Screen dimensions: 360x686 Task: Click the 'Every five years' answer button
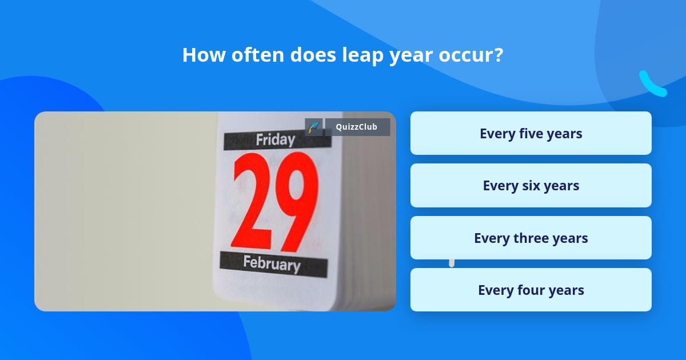click(x=531, y=133)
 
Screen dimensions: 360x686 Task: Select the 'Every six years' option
click(x=531, y=186)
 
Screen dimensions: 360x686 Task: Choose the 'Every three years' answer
click(x=531, y=238)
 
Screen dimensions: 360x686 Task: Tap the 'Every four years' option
click(x=531, y=290)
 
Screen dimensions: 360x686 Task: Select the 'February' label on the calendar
click(x=272, y=263)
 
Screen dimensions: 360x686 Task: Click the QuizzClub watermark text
click(x=357, y=127)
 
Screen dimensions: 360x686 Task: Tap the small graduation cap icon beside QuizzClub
click(x=314, y=127)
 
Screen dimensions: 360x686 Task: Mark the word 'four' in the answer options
click(x=531, y=290)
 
